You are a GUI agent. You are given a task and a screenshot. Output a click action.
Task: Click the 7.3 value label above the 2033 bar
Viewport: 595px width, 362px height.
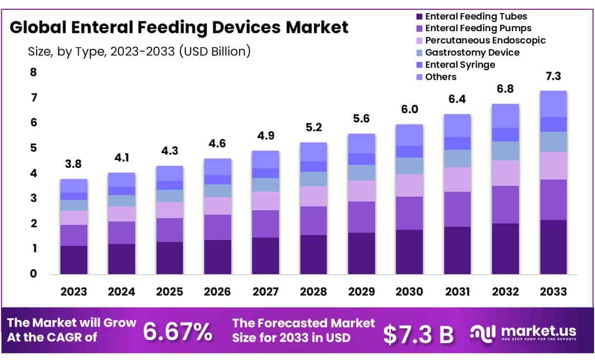tap(553, 76)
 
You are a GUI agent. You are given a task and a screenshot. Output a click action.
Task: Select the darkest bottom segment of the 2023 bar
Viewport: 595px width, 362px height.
tap(74, 260)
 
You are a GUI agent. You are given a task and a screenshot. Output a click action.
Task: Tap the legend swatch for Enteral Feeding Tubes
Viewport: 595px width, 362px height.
tap(419, 17)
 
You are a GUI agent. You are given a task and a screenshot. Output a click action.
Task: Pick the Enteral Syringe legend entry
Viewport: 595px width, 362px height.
tap(460, 64)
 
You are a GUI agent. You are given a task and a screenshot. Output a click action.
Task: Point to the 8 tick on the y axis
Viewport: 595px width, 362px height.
tap(34, 72)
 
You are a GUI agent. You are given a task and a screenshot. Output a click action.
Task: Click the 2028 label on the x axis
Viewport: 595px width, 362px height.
tap(313, 292)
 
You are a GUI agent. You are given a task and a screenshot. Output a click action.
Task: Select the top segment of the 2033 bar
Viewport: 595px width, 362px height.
tap(553, 103)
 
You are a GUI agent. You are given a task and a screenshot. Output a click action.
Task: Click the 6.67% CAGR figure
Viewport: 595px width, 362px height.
tap(178, 332)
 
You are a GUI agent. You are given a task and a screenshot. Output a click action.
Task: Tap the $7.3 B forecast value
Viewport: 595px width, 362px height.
tap(418, 334)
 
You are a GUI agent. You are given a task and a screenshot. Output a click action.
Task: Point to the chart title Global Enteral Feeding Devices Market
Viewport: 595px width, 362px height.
tap(179, 27)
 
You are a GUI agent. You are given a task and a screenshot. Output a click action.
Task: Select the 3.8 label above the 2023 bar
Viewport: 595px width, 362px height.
tap(74, 164)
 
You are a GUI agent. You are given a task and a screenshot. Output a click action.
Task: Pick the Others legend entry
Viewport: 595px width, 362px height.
tap(440, 77)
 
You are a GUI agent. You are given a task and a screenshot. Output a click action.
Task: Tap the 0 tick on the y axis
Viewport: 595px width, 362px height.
tap(34, 274)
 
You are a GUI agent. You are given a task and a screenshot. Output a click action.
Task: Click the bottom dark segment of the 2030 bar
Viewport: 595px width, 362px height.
tap(409, 252)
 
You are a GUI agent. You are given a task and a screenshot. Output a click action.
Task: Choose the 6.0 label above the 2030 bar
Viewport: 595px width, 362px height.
tap(409, 110)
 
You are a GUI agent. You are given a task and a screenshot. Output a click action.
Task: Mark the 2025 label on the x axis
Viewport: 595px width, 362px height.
tap(169, 292)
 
